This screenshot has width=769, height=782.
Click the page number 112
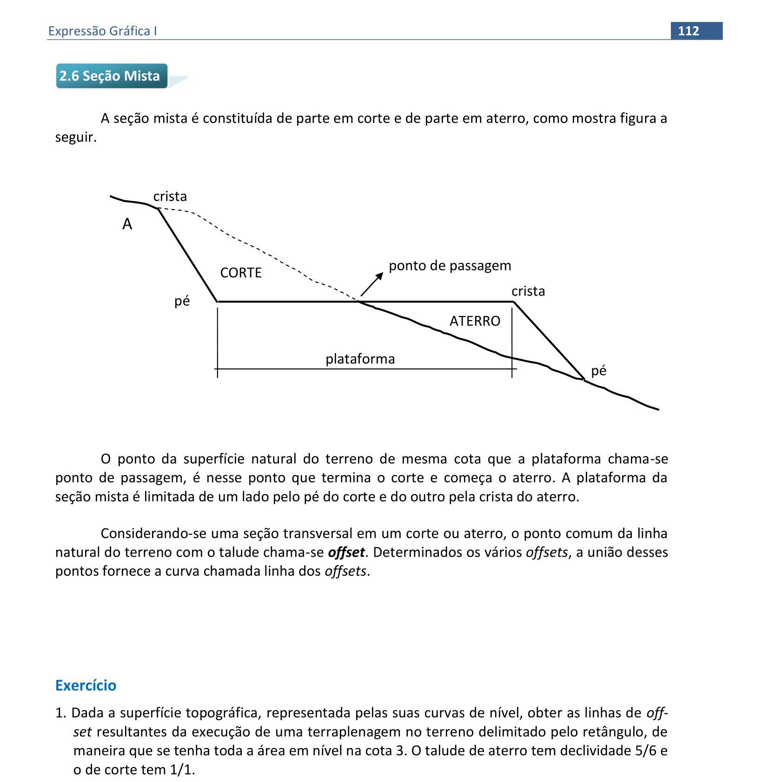(x=688, y=31)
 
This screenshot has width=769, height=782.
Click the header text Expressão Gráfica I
(x=102, y=31)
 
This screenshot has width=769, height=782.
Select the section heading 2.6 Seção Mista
(x=110, y=76)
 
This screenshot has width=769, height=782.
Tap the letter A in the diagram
(x=127, y=224)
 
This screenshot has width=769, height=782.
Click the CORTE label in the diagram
(x=241, y=273)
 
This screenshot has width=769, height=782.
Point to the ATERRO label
(x=475, y=321)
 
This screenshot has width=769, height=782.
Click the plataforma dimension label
(x=360, y=359)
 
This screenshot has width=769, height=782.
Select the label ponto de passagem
(x=450, y=266)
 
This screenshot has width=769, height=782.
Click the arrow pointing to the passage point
(x=372, y=284)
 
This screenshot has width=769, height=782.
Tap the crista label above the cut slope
(x=170, y=197)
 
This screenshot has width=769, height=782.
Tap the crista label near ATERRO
(x=528, y=291)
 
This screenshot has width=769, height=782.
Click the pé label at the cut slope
(x=182, y=302)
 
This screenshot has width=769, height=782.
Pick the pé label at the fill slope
(x=598, y=371)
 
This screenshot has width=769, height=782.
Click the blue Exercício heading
(x=86, y=685)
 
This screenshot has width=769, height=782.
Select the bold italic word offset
(x=346, y=552)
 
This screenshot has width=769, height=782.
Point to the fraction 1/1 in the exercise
(x=181, y=770)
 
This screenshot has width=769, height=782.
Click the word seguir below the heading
(x=75, y=138)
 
